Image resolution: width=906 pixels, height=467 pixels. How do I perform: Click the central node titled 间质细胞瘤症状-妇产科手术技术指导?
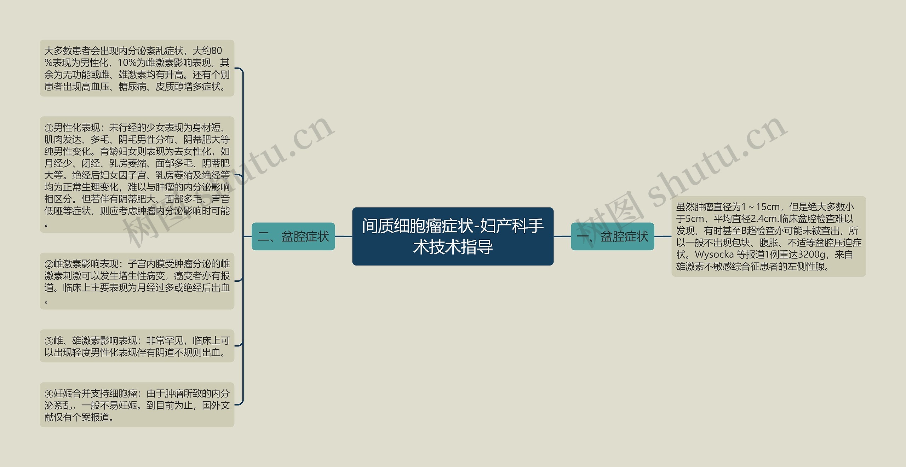coord(453,236)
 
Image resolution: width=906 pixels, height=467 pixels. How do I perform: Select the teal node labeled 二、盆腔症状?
coord(293,236)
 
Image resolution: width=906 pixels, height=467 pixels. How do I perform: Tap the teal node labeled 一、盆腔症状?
coord(612,236)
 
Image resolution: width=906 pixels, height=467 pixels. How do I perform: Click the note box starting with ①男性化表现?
coord(137,175)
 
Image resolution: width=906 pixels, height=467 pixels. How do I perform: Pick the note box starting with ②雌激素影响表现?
coord(137,281)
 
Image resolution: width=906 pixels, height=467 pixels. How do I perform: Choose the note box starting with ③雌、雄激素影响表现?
coord(137,346)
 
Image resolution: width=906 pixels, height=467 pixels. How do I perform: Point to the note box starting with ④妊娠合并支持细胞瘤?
coord(137,405)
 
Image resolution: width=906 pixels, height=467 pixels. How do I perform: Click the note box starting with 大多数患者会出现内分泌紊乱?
coord(137,68)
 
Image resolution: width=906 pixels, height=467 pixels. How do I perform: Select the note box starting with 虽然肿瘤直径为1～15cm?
coord(768,236)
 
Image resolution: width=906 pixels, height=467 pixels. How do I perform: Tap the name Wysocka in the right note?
coord(714,255)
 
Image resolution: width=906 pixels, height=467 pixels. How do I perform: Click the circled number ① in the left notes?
coord(49,128)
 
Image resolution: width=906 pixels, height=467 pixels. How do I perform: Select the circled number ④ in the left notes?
coord(49,393)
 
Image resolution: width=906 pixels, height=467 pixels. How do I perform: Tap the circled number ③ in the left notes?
coord(49,341)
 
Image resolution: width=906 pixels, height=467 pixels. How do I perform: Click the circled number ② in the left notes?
coord(49,264)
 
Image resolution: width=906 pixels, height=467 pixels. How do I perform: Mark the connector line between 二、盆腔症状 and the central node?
coord(343,236)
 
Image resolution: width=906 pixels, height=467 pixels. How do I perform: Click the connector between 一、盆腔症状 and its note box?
coord(663,236)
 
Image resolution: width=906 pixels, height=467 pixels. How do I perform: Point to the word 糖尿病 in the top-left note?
coord(132,87)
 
